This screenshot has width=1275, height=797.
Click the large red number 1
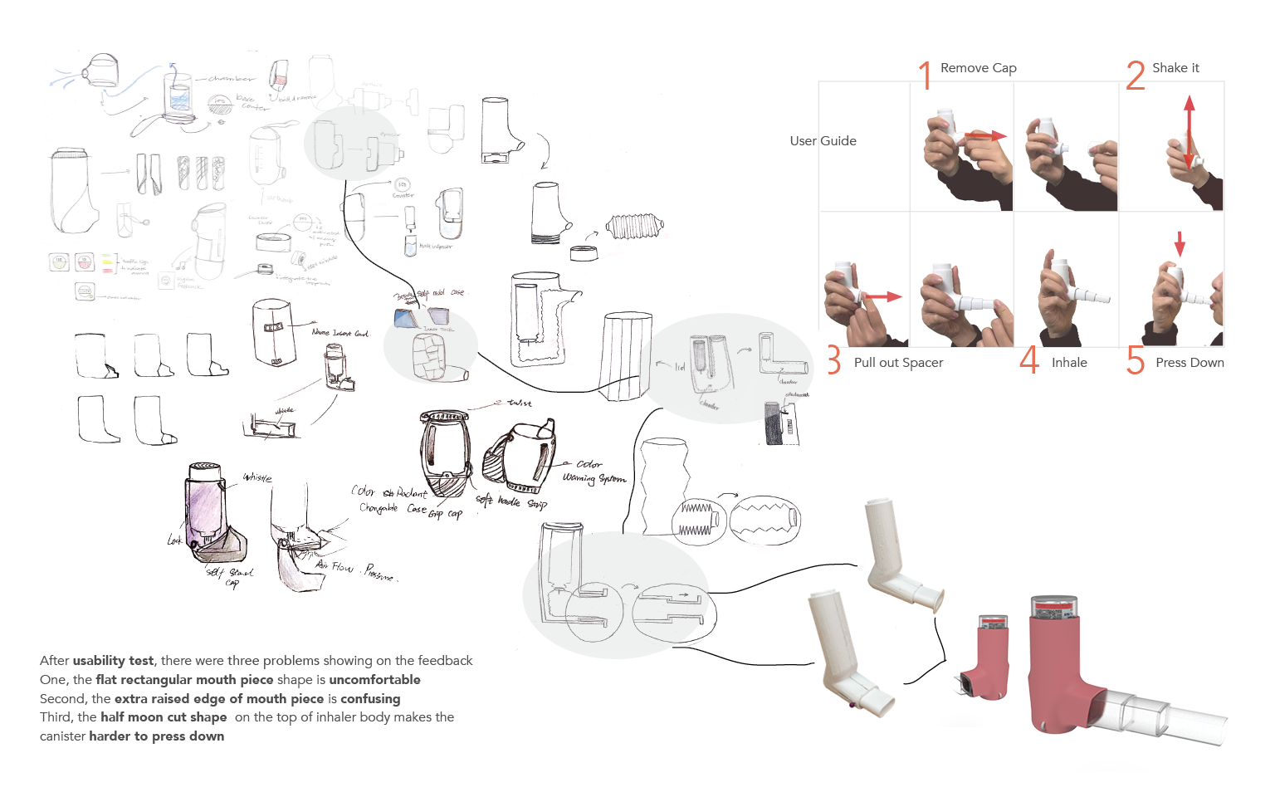pyautogui.click(x=925, y=75)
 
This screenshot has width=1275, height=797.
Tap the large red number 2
pyautogui.click(x=1136, y=75)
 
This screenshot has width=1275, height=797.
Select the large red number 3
pyautogui.click(x=833, y=361)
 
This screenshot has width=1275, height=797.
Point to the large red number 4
pyautogui.click(x=1029, y=360)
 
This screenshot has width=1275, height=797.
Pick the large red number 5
pyautogui.click(x=1136, y=361)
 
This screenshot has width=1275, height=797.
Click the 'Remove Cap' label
pyautogui.click(x=978, y=68)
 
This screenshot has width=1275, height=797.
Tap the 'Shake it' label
pyautogui.click(x=1175, y=68)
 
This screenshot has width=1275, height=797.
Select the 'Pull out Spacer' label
pyautogui.click(x=898, y=363)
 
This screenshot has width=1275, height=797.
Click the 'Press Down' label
pyautogui.click(x=1190, y=363)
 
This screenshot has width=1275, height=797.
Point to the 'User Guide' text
pyautogui.click(x=823, y=141)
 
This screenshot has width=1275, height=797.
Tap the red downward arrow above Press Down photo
pyautogui.click(x=1180, y=243)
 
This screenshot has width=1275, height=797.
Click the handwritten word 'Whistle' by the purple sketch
pyautogui.click(x=256, y=477)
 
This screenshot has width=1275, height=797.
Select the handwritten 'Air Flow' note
pyautogui.click(x=334, y=566)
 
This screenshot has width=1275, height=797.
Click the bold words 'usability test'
pyautogui.click(x=113, y=661)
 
